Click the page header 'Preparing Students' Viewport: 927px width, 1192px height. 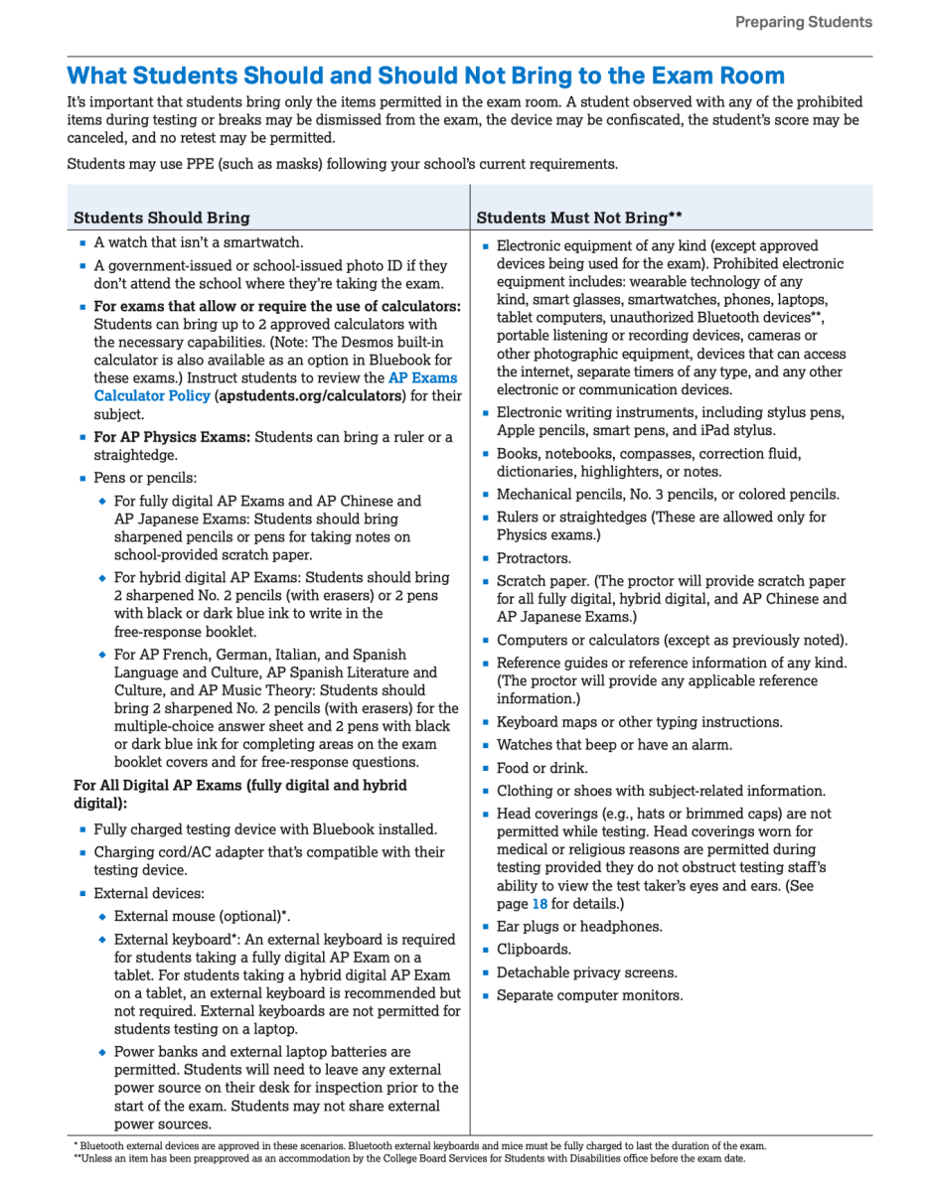point(803,22)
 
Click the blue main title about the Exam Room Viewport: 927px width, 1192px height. point(425,75)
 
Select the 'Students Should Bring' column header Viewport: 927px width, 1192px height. point(162,218)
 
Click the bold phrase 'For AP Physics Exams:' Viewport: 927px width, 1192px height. point(173,437)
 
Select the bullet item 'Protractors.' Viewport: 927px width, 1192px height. point(535,558)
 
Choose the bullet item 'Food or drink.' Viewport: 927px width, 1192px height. point(542,768)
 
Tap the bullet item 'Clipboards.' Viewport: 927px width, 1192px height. point(535,950)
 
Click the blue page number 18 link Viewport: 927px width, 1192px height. point(540,904)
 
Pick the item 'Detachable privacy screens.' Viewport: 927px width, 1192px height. point(587,972)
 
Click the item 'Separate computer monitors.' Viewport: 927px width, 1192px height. point(590,995)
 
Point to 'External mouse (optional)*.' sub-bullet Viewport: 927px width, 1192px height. point(203,916)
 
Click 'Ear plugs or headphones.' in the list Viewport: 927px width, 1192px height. point(579,927)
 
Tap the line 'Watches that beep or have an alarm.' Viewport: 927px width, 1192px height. point(614,745)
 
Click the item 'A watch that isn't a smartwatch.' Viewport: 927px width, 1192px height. point(199,242)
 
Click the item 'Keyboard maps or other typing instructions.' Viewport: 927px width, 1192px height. point(640,722)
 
